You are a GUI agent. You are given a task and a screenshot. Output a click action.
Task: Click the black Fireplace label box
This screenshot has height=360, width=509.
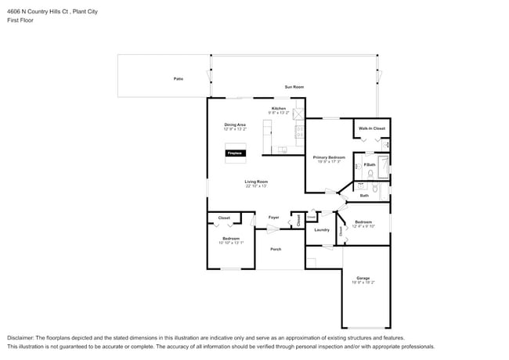(234, 153)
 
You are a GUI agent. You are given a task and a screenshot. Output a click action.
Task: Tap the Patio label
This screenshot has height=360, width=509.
(179, 79)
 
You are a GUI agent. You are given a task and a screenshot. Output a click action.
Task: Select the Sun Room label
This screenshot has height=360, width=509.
(294, 87)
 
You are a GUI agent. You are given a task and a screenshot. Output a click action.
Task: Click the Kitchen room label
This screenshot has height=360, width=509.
(279, 108)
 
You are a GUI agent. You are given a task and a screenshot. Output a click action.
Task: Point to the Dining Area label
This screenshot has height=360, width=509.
(235, 124)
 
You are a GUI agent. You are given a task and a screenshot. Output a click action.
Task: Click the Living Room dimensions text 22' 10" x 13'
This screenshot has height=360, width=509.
(256, 186)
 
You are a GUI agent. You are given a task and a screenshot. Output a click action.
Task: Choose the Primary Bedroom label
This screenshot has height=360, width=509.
(329, 157)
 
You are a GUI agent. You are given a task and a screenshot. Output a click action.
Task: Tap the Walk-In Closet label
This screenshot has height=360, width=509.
(371, 128)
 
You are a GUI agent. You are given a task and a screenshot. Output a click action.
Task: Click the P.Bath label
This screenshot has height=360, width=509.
(370, 164)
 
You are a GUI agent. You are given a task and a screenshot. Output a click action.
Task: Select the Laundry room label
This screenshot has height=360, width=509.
(322, 230)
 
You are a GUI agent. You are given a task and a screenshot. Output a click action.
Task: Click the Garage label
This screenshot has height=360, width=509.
(363, 278)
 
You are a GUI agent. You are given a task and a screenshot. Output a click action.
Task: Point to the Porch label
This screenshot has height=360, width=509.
(276, 249)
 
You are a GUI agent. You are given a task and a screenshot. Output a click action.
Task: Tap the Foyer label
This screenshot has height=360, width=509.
(273, 217)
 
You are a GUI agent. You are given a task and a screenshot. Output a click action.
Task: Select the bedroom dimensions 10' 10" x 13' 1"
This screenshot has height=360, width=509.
(231, 243)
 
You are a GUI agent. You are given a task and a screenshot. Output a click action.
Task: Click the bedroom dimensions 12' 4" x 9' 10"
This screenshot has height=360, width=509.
(363, 226)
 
